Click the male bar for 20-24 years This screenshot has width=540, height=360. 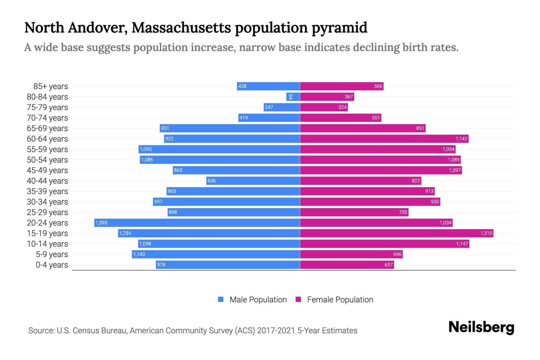click(197, 223)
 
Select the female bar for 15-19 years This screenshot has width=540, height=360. click(397, 233)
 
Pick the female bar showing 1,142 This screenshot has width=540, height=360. click(384, 139)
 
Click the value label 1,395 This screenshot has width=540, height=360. click(101, 223)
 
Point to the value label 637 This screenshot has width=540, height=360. click(388, 265)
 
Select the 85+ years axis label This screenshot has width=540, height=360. click(51, 86)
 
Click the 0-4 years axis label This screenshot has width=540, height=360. click(52, 265)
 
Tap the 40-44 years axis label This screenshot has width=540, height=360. click(47, 181)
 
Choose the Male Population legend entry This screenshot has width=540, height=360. click(258, 299)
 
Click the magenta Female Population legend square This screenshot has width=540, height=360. click(298, 299)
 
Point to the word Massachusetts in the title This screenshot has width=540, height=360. click(181, 28)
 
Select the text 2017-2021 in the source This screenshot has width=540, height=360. click(276, 331)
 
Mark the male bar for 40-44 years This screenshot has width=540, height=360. click(253, 181)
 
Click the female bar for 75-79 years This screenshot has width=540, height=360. click(324, 107)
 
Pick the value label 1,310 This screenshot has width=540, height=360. click(486, 233)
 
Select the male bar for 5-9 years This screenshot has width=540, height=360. click(216, 254)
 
